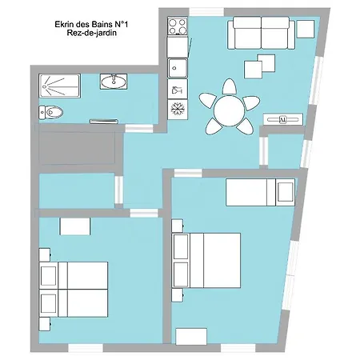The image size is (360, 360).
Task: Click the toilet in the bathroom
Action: click(x=50, y=112)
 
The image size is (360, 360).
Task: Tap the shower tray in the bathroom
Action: click(x=59, y=86)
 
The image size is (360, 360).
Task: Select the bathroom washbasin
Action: click(x=114, y=82)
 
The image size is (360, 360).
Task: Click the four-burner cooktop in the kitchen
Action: click(x=178, y=26)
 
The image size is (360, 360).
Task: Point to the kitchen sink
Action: click(x=178, y=68)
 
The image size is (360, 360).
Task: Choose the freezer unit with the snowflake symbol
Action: click(x=178, y=110)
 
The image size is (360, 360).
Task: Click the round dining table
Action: click(x=229, y=111)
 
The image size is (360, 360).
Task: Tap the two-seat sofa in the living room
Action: click(x=261, y=33)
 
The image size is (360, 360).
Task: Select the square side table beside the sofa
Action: click(x=306, y=29)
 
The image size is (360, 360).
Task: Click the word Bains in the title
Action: click(x=102, y=25)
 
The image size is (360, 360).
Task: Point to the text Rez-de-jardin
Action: click(x=91, y=33)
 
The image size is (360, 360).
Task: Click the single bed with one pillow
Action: click(x=260, y=192)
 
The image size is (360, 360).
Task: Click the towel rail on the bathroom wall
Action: click(x=104, y=122)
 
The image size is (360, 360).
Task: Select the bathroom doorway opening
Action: click(x=139, y=128)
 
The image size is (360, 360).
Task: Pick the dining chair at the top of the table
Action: click(x=230, y=86)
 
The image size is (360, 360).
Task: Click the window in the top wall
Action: click(x=206, y=12)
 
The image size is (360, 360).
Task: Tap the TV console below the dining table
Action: click(x=283, y=119)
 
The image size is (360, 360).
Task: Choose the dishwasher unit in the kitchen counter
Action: click(x=178, y=89)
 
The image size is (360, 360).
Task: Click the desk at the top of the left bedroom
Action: click(x=75, y=226)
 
